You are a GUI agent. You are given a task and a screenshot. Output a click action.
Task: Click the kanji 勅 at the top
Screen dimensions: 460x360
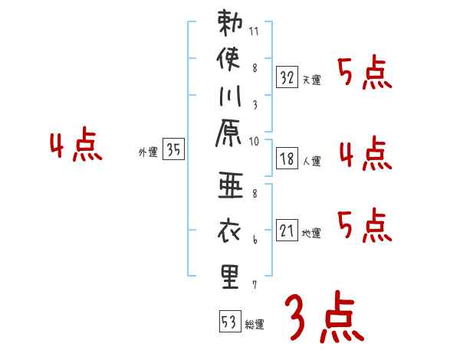[231, 24]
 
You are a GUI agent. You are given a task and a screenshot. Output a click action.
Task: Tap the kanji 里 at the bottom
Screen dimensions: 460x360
[231, 276]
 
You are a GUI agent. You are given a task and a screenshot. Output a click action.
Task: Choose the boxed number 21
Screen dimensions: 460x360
[287, 230]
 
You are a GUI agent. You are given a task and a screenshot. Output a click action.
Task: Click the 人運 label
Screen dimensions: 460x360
[311, 162]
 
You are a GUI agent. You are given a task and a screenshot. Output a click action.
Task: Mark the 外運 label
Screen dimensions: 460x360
[148, 152]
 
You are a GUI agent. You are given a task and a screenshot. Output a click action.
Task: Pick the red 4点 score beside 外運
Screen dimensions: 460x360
[75, 146]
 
